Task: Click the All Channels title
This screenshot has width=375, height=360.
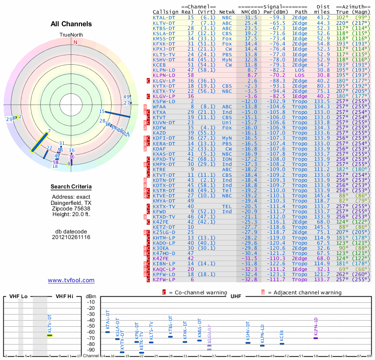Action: (x=71, y=24)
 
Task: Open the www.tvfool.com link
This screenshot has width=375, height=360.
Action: (x=71, y=280)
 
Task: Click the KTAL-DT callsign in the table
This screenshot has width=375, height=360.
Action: (x=164, y=17)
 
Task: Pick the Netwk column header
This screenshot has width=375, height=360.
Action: (x=227, y=11)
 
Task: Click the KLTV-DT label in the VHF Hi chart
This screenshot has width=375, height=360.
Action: (x=50, y=323)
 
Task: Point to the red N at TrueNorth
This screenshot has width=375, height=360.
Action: (x=75, y=42)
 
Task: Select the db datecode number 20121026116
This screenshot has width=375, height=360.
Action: (x=71, y=237)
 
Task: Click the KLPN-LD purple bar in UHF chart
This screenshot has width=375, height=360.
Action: (x=315, y=338)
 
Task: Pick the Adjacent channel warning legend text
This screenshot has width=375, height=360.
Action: (x=304, y=292)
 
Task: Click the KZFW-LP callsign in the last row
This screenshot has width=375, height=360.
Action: (x=164, y=279)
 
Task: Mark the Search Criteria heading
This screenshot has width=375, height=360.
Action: (x=71, y=187)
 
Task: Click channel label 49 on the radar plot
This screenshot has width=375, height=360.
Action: (x=126, y=97)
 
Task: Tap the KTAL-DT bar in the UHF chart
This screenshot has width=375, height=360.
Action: (x=107, y=332)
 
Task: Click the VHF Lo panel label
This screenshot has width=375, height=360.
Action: (x=19, y=297)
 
